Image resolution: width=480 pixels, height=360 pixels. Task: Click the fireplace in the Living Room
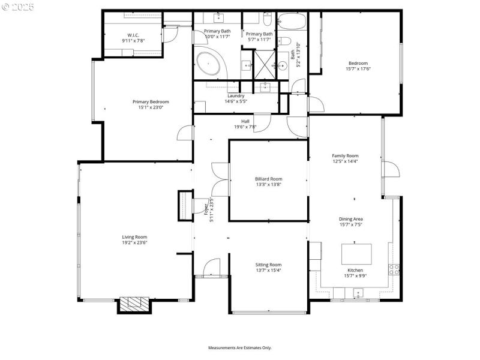[134, 304]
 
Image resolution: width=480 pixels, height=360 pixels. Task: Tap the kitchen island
[356, 254]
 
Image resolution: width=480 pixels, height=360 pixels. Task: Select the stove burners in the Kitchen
[395, 269]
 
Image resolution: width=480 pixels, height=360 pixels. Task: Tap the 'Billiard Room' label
[268, 179]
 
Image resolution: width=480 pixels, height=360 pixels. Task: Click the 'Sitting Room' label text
[268, 265]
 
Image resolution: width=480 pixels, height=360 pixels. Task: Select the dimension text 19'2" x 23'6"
[134, 243]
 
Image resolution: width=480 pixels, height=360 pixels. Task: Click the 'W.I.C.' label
[133, 35]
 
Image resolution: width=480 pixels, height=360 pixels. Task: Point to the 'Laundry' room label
[236, 96]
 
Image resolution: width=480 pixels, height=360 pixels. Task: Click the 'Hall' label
[245, 121]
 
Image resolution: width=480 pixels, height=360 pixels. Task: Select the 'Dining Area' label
[351, 219]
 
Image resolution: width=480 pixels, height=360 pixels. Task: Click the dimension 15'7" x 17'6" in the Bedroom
[358, 69]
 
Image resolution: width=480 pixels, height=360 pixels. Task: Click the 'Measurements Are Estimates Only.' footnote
[240, 348]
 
